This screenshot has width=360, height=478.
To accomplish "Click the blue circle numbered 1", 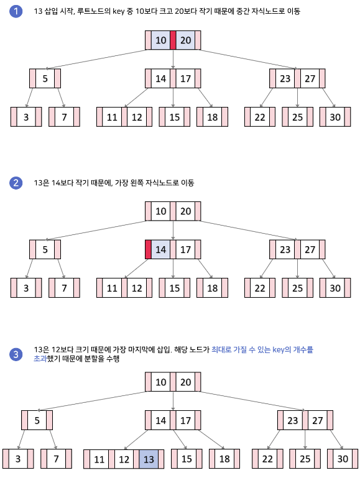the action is (16, 11).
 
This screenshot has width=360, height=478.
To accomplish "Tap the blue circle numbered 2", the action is (16, 183).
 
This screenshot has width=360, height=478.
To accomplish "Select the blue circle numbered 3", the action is (16, 354).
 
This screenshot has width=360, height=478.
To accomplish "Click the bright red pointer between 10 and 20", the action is (173, 40).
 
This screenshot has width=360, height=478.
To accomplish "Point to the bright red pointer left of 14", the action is (148, 249).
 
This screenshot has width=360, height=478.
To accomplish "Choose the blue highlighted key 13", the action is (149, 459).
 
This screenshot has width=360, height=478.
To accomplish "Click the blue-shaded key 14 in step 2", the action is (160, 249).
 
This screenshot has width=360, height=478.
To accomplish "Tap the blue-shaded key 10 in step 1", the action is (160, 40).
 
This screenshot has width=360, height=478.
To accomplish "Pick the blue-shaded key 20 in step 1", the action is (185, 40).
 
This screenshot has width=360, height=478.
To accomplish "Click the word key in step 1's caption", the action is (119, 12).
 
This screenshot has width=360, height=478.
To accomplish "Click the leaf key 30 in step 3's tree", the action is (343, 459).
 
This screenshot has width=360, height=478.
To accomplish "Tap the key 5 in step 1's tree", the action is (45, 79).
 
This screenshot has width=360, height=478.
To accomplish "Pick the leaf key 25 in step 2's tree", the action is (297, 288).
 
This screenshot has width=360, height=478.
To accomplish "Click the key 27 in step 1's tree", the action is (310, 79).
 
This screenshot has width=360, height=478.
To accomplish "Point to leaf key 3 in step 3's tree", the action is (18, 459).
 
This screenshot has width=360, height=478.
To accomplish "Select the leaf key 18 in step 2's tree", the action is (212, 288).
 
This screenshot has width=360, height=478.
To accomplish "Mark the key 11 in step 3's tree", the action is (99, 459).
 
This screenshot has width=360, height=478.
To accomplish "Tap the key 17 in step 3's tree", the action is (185, 420).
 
